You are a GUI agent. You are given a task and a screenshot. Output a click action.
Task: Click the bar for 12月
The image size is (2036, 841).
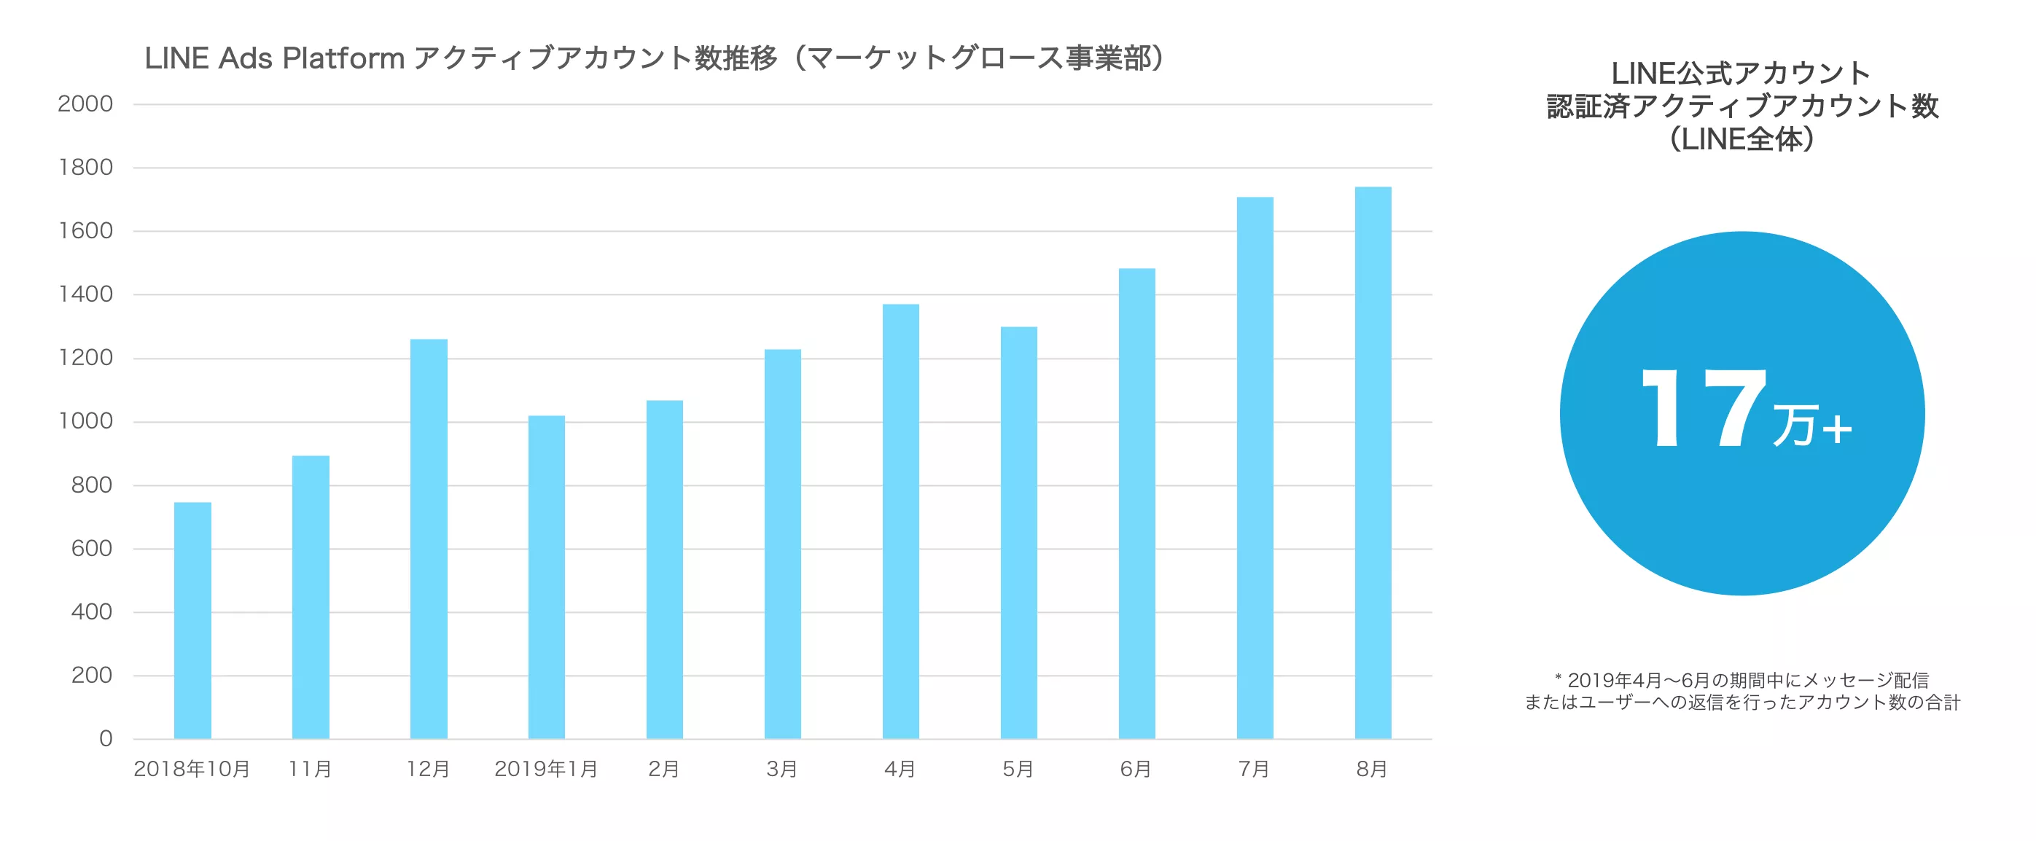429,539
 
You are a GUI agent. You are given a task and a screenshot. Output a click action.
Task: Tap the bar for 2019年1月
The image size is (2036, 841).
546,577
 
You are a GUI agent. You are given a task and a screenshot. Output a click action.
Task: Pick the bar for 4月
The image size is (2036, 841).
900,522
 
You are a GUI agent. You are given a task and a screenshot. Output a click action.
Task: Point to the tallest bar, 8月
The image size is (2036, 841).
1373,463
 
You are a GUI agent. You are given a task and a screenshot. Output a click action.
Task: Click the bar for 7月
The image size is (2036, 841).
1255,468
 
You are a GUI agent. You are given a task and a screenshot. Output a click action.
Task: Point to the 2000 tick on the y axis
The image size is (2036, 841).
85,103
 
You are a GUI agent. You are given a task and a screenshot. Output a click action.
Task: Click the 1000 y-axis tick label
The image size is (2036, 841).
85,421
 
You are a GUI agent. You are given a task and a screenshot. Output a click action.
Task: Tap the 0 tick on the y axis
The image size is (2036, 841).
105,739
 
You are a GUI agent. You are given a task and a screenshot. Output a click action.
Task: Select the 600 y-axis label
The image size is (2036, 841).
92,549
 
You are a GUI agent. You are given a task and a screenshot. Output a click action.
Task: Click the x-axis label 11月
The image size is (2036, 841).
310,769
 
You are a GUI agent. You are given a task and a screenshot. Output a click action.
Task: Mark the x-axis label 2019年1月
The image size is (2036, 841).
546,769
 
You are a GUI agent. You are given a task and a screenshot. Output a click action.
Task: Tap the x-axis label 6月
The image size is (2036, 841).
1136,769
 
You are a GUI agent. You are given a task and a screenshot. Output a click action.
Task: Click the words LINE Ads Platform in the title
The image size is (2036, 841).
274,58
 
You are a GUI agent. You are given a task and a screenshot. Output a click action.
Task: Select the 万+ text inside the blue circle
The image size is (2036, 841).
1811,426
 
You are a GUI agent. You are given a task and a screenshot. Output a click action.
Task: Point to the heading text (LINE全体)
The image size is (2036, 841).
1743,139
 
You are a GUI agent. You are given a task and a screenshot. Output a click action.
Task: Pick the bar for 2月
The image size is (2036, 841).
664,569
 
